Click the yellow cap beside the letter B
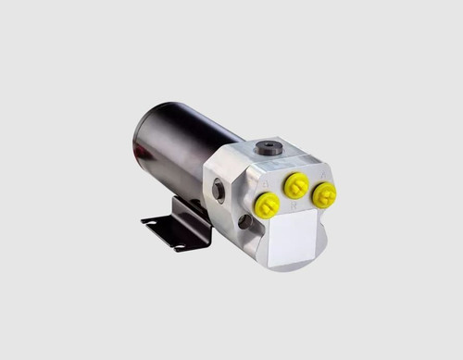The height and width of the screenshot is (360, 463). coord(267,205)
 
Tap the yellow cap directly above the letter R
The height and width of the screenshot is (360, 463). coord(295,185)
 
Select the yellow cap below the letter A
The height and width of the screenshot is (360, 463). coord(324,195)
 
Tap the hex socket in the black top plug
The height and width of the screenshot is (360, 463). coord(269,145)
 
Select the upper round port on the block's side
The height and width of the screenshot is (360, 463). coord(219,190)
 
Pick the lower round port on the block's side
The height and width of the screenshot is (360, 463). coord(244,222)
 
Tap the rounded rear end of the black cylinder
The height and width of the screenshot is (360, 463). coord(139,139)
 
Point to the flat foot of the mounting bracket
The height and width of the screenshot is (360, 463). coord(167,231)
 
